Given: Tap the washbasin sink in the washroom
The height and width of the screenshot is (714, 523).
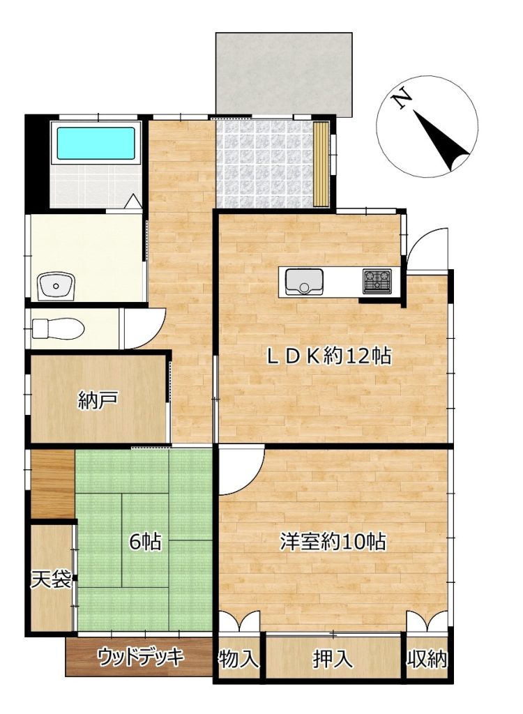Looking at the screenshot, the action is click(56, 286).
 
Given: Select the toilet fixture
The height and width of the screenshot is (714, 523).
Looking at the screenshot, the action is click(59, 328).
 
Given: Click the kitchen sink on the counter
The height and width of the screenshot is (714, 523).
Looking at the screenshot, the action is click(304, 282).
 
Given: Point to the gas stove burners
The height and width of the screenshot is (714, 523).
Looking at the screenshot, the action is click(377, 281).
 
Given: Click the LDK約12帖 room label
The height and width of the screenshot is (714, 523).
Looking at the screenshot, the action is click(328, 355).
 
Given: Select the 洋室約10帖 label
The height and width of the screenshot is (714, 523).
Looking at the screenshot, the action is click(333, 541).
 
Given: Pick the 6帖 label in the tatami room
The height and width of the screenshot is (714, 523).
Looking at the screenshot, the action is click(145, 541).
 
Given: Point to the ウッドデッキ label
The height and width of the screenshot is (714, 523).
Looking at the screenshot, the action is click(141, 657).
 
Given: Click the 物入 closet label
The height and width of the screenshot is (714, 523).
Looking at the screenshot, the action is click(238, 658).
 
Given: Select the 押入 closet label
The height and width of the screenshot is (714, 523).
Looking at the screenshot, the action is click(333, 658).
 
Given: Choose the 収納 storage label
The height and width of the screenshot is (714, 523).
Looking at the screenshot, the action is click(427, 658).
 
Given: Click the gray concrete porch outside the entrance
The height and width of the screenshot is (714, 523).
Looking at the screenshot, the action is click(283, 75).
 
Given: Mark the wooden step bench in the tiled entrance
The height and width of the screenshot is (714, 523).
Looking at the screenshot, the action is click(321, 164).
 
